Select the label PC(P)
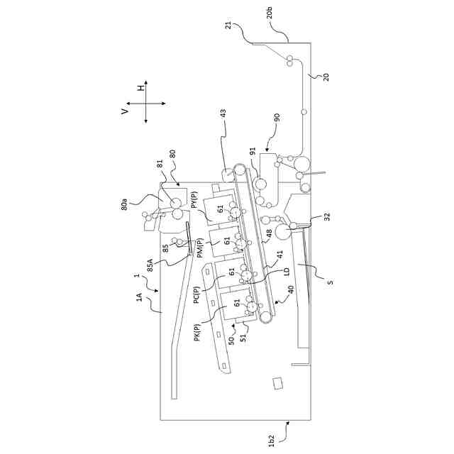(198, 292)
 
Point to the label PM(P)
(200, 249)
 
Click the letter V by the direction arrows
(125, 111)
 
